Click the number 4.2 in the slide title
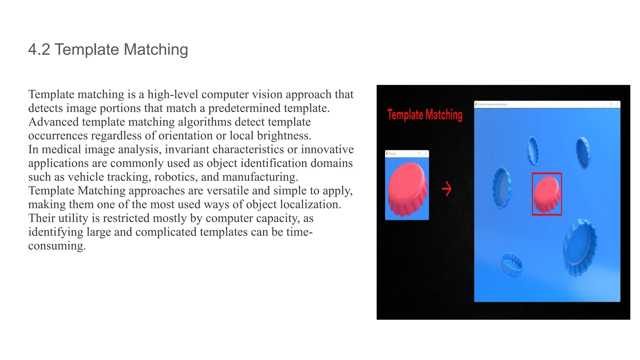pyautogui.click(x=39, y=49)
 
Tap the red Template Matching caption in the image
pyautogui.click(x=425, y=115)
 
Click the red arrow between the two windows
pyautogui.click(x=447, y=189)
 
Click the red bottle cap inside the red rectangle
pyautogui.click(x=547, y=194)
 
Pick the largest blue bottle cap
pyautogui.click(x=580, y=247)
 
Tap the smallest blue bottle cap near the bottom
pyautogui.click(x=512, y=264)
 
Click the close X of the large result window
pyautogui.click(x=617, y=104)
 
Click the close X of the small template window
pyautogui.click(x=426, y=154)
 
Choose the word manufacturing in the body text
pyautogui.click(x=259, y=177)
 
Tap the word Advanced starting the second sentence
pyautogui.click(x=53, y=122)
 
